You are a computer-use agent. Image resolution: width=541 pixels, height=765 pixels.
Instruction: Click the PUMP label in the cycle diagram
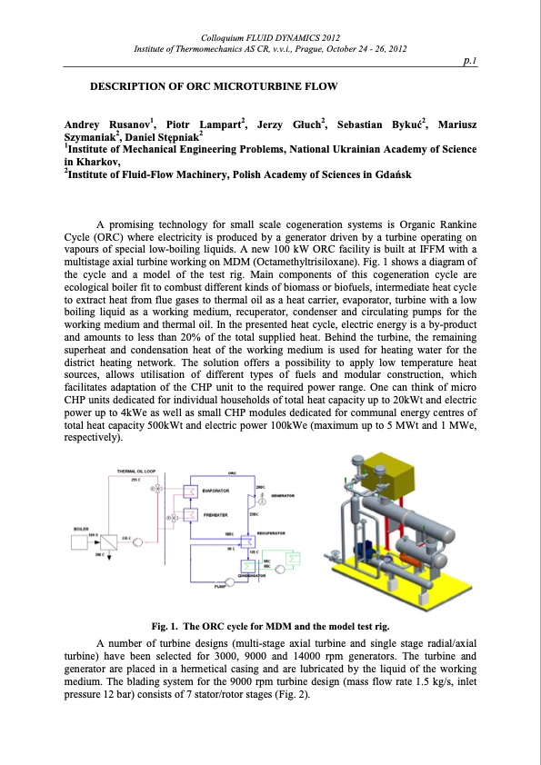click(x=219, y=587)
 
